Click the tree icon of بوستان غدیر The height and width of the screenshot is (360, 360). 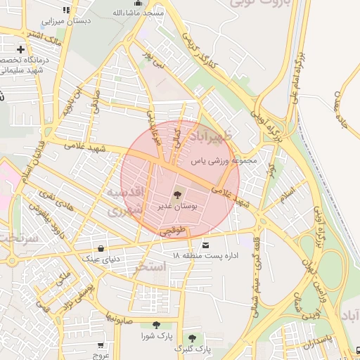(x=176, y=194)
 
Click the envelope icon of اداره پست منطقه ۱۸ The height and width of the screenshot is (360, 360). (x=205, y=245)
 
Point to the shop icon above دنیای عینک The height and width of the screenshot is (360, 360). (x=103, y=248)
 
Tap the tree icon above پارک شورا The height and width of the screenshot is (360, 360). (x=155, y=325)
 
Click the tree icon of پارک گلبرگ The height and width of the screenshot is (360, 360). (x=193, y=337)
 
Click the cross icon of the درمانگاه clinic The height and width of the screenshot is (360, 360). (x=21, y=50)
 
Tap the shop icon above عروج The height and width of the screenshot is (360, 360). (x=101, y=345)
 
